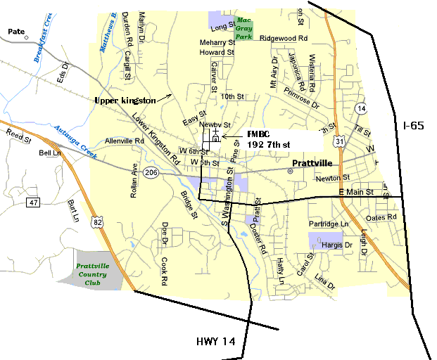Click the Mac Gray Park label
point(243,28)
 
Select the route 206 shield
point(151,172)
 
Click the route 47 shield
point(33,202)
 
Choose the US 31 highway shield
point(341,142)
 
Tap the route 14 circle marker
point(361,108)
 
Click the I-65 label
point(414,126)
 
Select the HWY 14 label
point(218,342)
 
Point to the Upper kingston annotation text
point(125,101)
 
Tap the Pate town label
point(15,31)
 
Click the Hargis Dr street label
point(336,245)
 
